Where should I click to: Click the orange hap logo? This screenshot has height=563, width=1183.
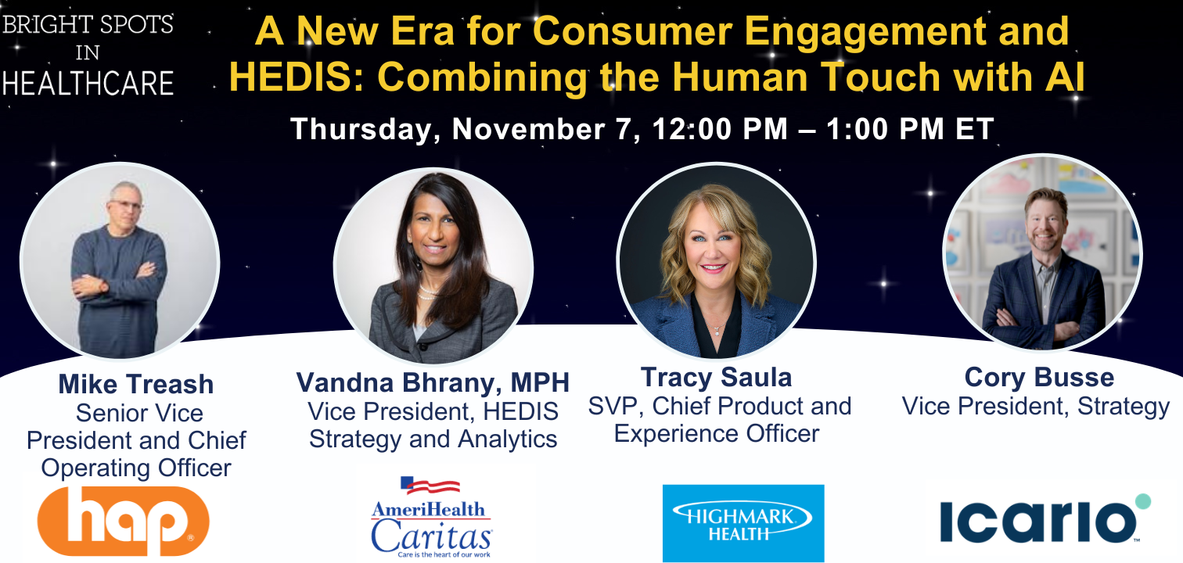pyautogui.click(x=123, y=521)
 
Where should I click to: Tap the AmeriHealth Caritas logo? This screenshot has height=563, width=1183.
pyautogui.click(x=431, y=517)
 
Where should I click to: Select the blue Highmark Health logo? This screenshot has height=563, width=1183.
pyautogui.click(x=743, y=523)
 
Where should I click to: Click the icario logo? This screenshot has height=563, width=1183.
pyautogui.click(x=1045, y=520)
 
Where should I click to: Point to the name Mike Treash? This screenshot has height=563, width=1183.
pyautogui.click(x=135, y=384)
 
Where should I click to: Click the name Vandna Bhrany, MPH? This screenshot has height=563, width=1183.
pyautogui.click(x=433, y=383)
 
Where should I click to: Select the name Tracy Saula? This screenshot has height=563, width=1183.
pyautogui.click(x=716, y=378)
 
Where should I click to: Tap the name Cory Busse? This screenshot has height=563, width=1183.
pyautogui.click(x=1039, y=378)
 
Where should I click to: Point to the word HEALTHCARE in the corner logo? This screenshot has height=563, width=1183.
pyautogui.click(x=88, y=84)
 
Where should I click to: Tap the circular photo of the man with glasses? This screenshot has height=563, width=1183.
pyautogui.click(x=120, y=261)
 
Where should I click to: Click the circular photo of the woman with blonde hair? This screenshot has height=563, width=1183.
pyautogui.click(x=716, y=262)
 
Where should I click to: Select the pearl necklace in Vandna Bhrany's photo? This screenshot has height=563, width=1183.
pyautogui.click(x=429, y=292)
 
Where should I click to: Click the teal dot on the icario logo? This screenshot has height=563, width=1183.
pyautogui.click(x=1143, y=501)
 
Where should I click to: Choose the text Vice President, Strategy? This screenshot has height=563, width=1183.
pyautogui.click(x=1035, y=407)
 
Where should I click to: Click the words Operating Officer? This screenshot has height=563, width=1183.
pyautogui.click(x=136, y=468)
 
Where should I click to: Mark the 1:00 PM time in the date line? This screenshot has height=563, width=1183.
pyautogui.click(x=885, y=129)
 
